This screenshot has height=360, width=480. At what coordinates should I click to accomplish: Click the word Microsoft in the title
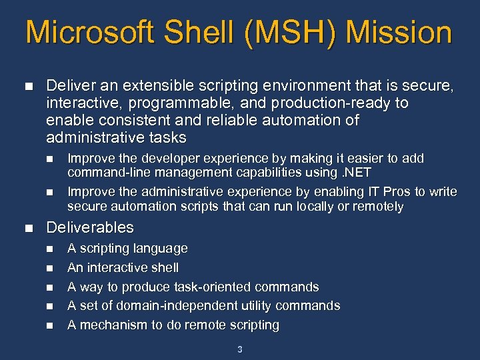tap(88, 32)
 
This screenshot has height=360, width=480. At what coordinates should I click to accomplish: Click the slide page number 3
tap(240, 349)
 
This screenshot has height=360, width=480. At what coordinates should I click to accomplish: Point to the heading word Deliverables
tap(90, 227)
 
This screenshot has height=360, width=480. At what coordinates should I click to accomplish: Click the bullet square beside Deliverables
tap(27, 228)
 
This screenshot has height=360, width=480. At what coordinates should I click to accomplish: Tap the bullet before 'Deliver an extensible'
tap(27, 86)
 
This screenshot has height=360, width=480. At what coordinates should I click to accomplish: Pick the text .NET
tap(357, 173)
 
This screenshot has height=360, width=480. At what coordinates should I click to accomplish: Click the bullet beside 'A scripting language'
tap(48, 249)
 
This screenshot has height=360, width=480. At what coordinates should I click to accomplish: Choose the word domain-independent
tap(164, 305)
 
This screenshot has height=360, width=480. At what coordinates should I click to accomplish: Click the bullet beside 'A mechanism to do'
tap(48, 326)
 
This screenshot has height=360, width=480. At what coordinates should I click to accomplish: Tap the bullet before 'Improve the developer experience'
tap(48, 159)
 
